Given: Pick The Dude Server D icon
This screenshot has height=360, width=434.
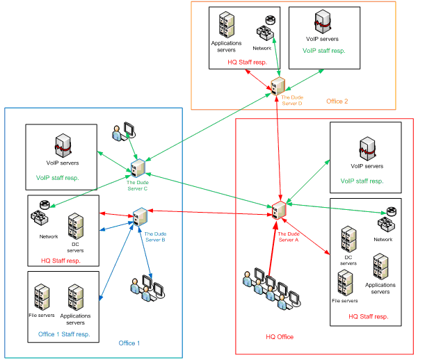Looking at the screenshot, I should point(278,86).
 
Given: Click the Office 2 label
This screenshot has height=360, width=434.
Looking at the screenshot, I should point(337,101).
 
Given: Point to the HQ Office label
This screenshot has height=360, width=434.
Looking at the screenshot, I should point(280,337).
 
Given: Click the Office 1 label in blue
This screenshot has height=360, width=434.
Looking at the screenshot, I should point(129,343).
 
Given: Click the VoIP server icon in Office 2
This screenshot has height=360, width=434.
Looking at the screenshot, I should point(323,22).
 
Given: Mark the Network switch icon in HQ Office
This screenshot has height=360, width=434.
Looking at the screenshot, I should point(387,224).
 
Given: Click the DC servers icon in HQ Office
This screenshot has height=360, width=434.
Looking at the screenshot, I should point(348,240).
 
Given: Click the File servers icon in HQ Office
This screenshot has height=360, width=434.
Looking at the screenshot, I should point(344,284).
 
